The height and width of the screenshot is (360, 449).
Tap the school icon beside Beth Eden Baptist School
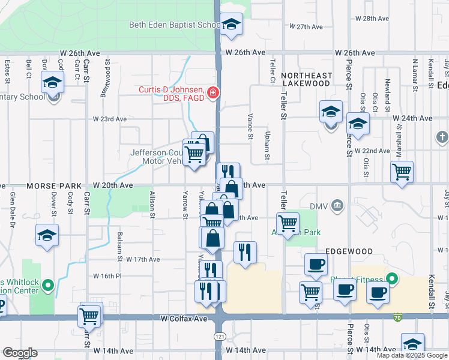[231, 25]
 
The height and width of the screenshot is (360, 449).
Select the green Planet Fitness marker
[392, 279]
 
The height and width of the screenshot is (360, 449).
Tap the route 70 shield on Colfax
[397, 316]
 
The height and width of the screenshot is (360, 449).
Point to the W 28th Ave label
[373, 19]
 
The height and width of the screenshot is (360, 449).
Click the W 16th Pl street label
[107, 276]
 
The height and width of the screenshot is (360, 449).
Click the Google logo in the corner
[20, 353]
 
